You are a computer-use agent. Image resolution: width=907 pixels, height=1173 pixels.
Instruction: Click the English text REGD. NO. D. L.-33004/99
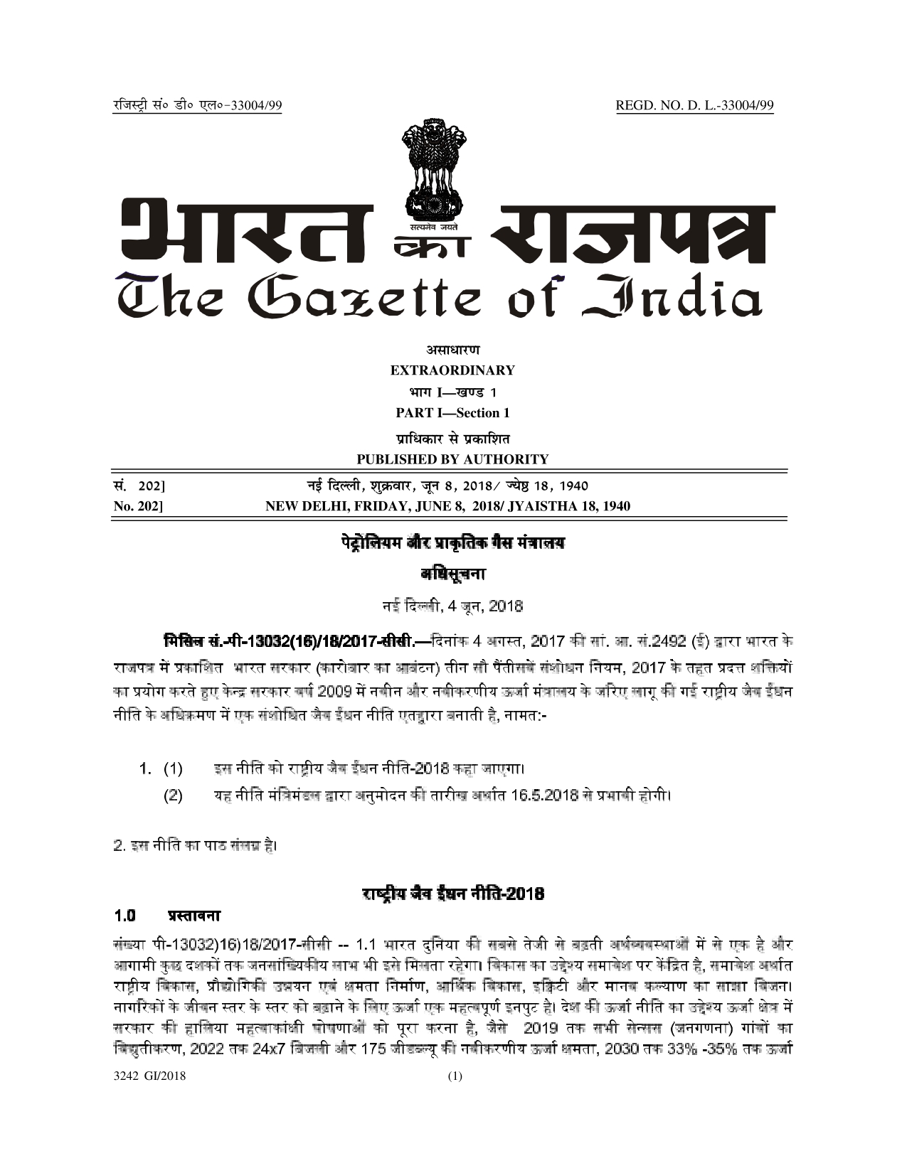(694, 106)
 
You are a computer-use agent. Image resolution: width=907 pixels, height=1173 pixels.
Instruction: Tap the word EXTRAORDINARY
(452, 370)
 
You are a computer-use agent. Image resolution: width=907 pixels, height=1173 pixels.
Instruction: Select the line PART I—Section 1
(452, 413)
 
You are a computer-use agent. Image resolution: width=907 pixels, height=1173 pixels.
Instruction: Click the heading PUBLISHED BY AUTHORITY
(452, 459)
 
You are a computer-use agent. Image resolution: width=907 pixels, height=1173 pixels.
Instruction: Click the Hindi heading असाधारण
(452, 350)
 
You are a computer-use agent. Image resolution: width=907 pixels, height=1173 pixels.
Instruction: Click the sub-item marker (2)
(173, 795)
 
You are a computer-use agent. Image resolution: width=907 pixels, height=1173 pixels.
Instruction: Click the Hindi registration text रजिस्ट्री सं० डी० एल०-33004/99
(198, 106)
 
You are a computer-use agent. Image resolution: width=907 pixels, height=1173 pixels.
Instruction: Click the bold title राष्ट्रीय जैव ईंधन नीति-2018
(452, 894)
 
